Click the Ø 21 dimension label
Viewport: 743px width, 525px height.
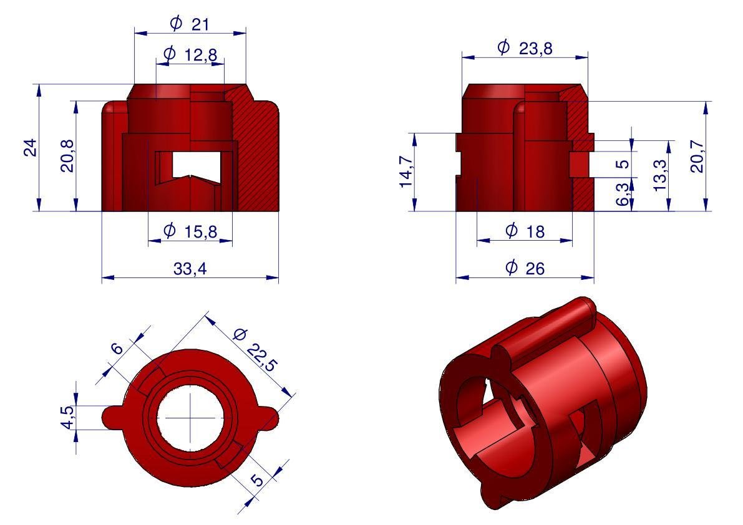pyautogui.click(x=189, y=23)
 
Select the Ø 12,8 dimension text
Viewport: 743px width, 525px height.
pyautogui.click(x=190, y=54)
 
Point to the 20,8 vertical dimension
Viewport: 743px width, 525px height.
pyautogui.click(x=67, y=156)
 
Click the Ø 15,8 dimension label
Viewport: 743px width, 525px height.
pyautogui.click(x=190, y=231)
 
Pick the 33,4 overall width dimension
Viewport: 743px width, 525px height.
pyautogui.click(x=190, y=268)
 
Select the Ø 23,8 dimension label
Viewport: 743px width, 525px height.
pyautogui.click(x=525, y=48)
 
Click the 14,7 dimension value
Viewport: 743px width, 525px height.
pyautogui.click(x=407, y=171)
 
